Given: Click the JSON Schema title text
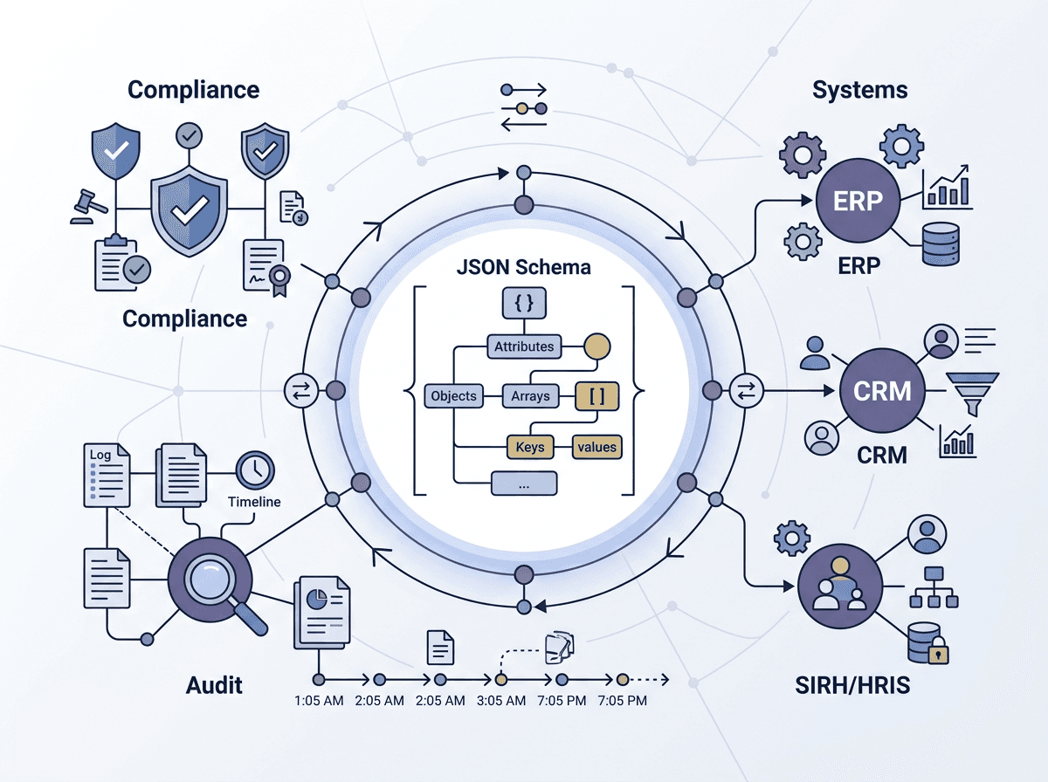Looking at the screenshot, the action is coord(524,267).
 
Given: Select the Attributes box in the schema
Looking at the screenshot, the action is coord(524,346).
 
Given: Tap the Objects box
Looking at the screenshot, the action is coord(453,396).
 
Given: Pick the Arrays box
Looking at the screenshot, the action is coord(530,396).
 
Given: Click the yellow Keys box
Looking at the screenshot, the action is coord(530,447).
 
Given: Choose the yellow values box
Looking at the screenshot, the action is coord(596,447).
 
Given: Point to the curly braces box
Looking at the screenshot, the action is coord(524,303).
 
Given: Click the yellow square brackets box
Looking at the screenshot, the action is coord(596,396).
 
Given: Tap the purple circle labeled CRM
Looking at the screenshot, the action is coord(882,391).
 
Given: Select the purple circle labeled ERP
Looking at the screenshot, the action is coord(858,201).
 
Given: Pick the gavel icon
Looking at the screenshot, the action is coord(89,207).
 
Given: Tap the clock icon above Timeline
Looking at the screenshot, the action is coord(255,470).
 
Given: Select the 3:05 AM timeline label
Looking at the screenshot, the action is coord(500,701).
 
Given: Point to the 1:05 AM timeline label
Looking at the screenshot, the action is coord(319,701).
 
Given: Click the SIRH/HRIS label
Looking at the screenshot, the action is coord(852,685).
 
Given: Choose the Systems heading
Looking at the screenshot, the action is coord(860,90).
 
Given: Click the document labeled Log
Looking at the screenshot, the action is coord(107,475).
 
